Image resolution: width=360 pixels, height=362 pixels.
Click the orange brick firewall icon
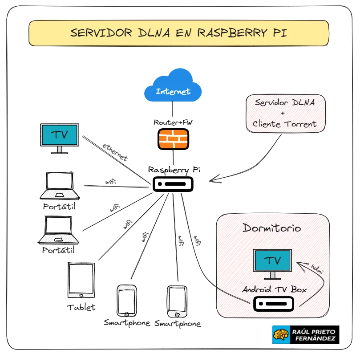tap(173, 139)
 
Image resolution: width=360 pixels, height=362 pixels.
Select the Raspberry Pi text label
tap(174, 170)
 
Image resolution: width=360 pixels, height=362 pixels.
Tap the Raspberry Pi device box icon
tap(173, 184)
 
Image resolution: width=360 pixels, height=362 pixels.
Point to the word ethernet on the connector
tap(115, 152)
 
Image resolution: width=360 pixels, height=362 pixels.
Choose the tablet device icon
tap(81, 281)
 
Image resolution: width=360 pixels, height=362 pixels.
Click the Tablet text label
tap(81, 307)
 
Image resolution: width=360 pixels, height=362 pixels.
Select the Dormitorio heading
tap(272, 228)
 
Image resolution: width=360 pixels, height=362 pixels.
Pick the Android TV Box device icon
tap(274, 304)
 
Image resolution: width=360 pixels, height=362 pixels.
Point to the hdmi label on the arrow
tap(317, 269)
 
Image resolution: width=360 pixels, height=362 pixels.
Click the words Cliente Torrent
tap(285, 124)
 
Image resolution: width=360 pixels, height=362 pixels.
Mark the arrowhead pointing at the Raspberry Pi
tap(213, 180)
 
